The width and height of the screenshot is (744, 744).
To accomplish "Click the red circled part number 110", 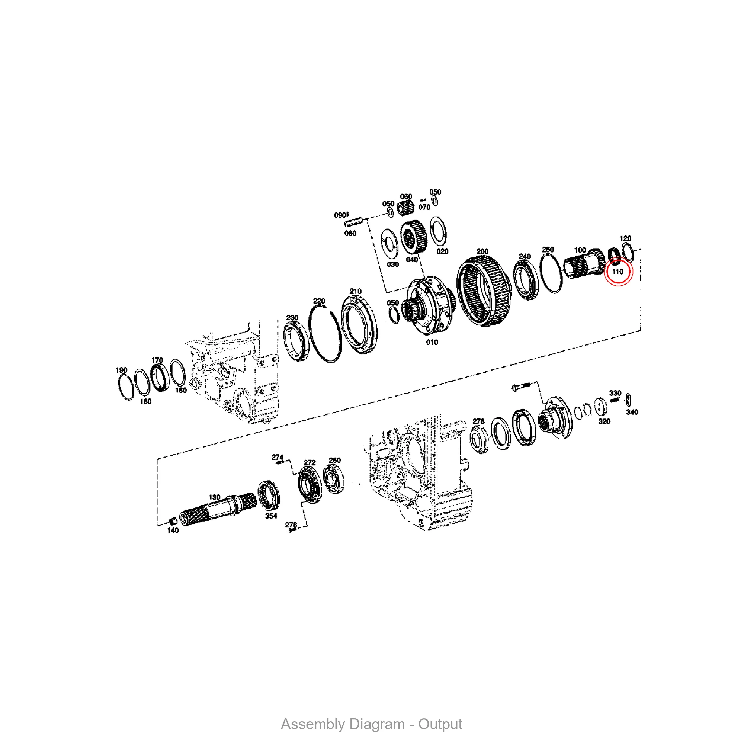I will (618, 272).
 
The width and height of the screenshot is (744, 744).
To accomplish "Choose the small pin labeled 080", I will (353, 222).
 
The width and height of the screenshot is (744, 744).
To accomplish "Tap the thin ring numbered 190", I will (125, 387).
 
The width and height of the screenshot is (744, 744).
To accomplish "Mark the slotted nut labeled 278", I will (479, 440).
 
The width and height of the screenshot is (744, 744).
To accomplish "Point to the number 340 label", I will (632, 412).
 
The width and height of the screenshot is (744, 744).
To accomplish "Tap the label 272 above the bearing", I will (310, 462).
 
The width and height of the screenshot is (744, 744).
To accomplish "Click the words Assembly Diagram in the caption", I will (342, 724).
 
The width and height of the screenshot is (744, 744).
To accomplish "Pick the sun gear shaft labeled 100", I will (583, 263).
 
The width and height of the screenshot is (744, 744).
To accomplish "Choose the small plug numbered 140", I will (173, 522).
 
